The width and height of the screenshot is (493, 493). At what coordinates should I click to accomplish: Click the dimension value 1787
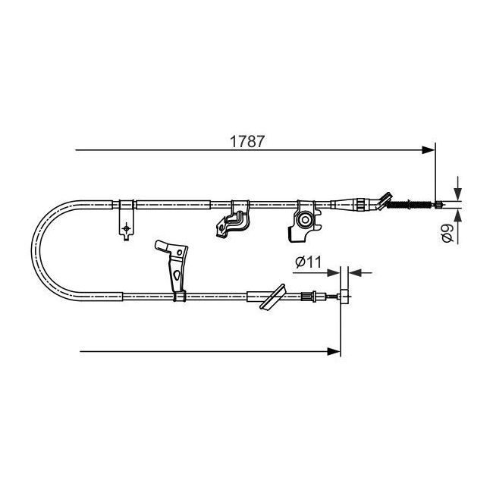247,142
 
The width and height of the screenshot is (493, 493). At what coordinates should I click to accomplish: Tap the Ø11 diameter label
309,262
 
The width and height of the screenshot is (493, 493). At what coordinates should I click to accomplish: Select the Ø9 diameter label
447,234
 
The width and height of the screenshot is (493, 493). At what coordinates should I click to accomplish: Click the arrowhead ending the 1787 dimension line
429,150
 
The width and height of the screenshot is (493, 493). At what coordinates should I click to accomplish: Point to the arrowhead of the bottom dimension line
334,351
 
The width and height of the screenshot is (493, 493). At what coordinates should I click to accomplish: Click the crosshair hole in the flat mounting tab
126,228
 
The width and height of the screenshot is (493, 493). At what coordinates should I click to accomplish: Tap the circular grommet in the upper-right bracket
305,219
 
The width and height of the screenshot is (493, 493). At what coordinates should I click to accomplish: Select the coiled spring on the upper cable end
410,205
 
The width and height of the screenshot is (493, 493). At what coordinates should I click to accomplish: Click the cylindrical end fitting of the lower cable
344,296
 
